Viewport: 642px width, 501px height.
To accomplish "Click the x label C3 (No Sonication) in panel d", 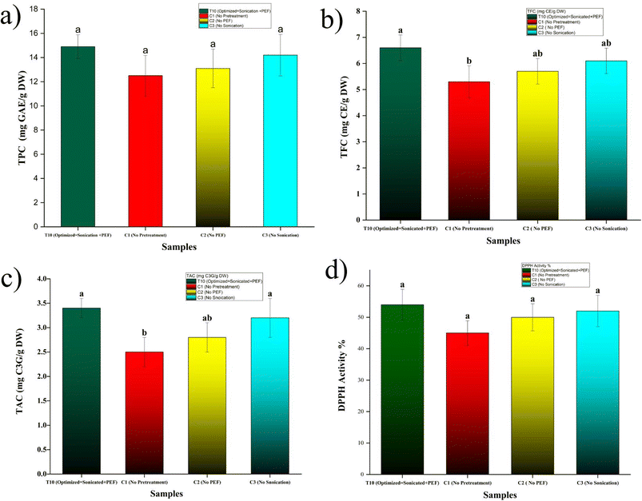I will point(592,483).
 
